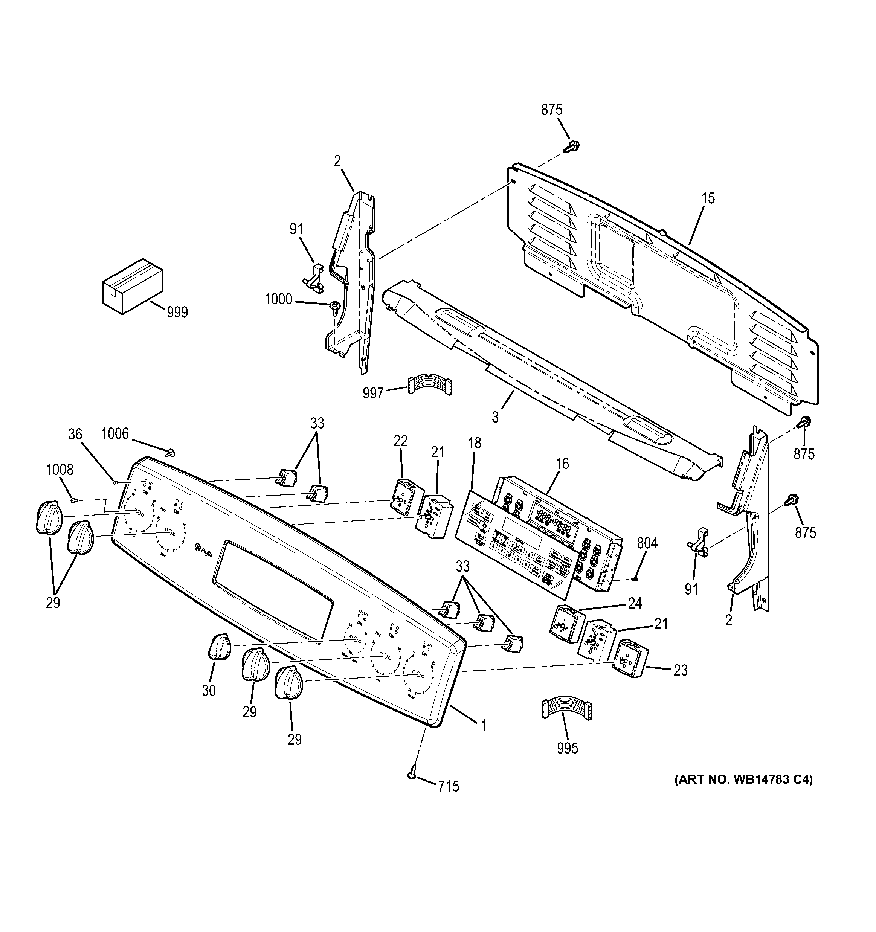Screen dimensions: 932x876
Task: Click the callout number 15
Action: (x=708, y=198)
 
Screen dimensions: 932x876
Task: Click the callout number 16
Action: (x=562, y=464)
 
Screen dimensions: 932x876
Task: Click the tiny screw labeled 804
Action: (x=634, y=578)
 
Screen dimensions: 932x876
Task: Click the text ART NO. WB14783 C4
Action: (x=743, y=779)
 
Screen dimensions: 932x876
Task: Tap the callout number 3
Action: (x=495, y=417)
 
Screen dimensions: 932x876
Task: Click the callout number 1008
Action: (x=60, y=469)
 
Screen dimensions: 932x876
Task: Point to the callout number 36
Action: (x=75, y=435)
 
